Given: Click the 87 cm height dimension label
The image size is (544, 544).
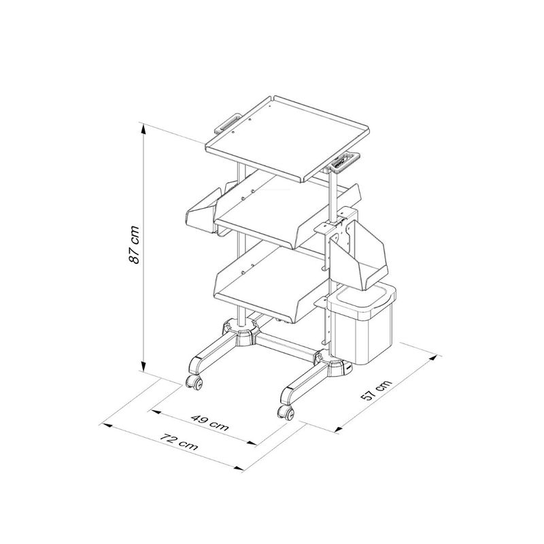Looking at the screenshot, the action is pos(134,244).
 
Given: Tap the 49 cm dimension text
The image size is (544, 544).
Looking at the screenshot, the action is pos(209,422).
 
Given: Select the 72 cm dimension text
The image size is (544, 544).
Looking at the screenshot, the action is pos(179,441).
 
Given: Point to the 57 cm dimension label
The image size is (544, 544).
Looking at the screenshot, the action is pos(376,390).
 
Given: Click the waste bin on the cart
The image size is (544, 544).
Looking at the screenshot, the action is pos(362,322).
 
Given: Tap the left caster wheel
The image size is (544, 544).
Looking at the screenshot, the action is pos(194,381).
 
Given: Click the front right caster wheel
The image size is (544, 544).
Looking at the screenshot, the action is pos(286,412).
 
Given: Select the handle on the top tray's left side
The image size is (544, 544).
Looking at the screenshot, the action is pos(228,123).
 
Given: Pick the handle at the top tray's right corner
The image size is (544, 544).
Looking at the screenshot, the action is pos(345,161).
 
